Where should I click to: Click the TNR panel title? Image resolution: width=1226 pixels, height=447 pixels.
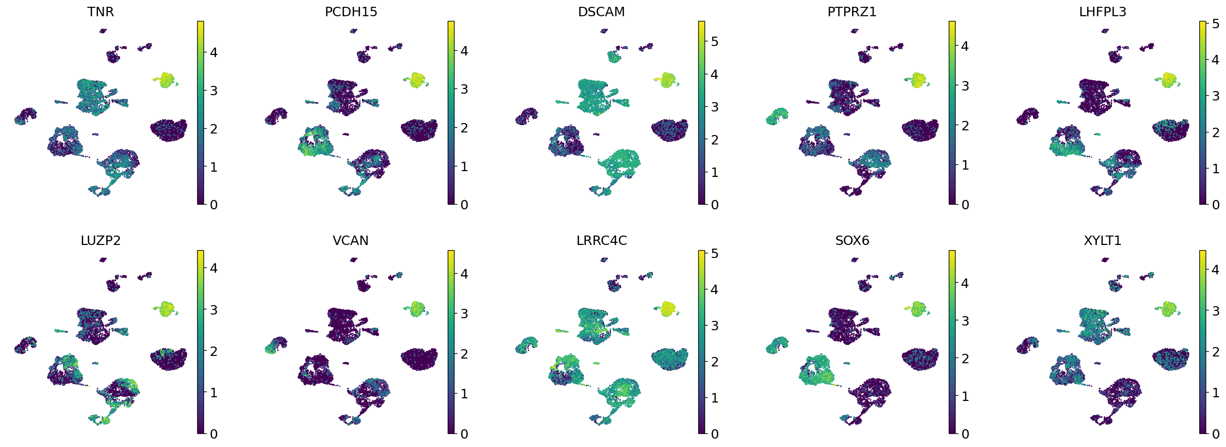point(100,12)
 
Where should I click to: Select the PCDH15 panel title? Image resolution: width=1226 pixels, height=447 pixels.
point(351,12)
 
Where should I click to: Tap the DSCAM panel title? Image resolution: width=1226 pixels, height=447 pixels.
point(601,12)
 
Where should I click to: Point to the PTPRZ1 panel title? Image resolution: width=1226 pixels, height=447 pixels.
point(852,12)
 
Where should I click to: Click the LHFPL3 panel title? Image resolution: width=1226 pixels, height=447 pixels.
point(1103,12)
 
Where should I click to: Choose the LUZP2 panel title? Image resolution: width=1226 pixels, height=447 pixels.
point(100,241)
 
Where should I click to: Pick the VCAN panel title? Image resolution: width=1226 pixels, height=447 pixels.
point(351,241)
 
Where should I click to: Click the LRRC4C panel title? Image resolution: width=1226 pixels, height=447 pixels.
point(601,241)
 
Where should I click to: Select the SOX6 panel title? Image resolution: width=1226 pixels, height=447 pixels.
point(852,241)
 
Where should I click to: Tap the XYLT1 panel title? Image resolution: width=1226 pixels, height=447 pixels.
point(1103,241)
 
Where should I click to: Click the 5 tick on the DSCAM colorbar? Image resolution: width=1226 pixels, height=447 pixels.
point(714,41)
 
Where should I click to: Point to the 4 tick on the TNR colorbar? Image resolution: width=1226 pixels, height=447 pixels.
point(213,52)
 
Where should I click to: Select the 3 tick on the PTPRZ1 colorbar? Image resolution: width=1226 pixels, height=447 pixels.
point(965,86)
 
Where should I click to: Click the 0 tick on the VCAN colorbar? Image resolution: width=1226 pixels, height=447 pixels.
point(464,434)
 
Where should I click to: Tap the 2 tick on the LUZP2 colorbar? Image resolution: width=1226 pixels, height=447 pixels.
point(213,351)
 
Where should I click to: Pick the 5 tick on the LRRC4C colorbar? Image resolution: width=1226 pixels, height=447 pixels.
point(714,254)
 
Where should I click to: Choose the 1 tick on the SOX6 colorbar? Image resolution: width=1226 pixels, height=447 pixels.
point(965,396)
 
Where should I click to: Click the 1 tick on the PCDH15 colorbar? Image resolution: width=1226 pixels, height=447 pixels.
point(464,166)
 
